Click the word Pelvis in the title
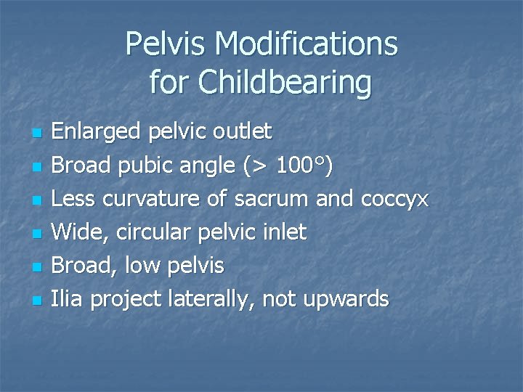(169, 44)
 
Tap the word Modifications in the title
(307, 44)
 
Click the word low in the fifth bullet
(142, 266)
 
